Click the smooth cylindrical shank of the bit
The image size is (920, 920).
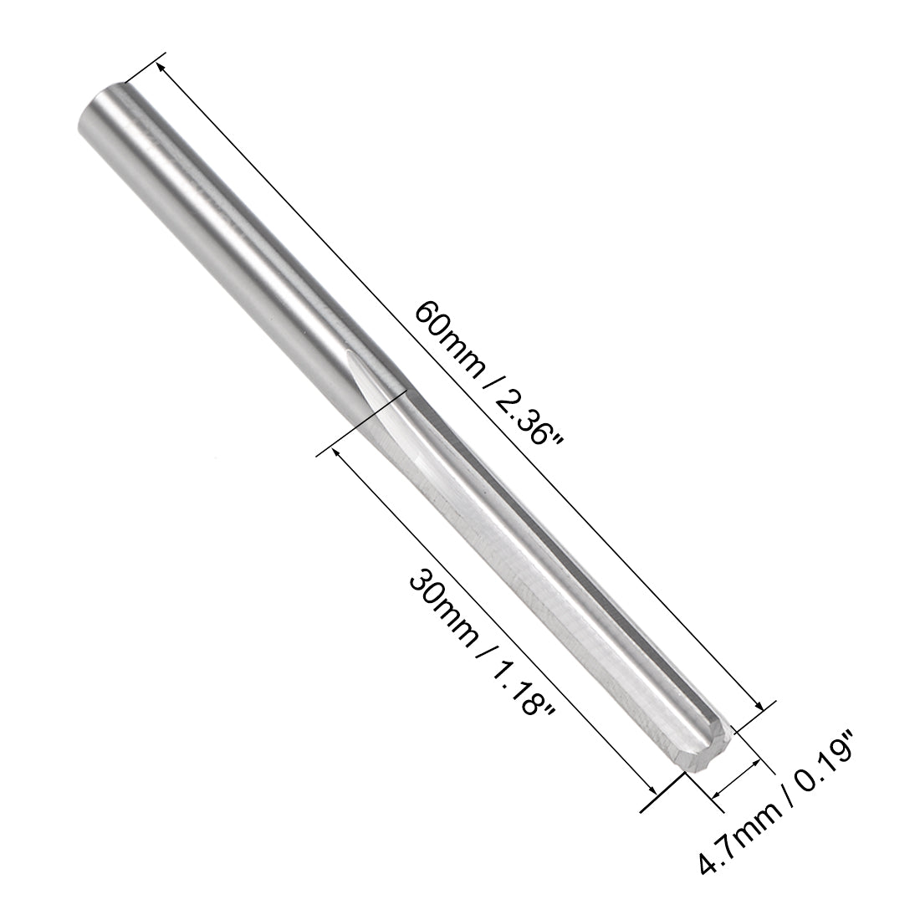(226, 234)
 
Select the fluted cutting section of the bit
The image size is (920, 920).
(535, 569)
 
